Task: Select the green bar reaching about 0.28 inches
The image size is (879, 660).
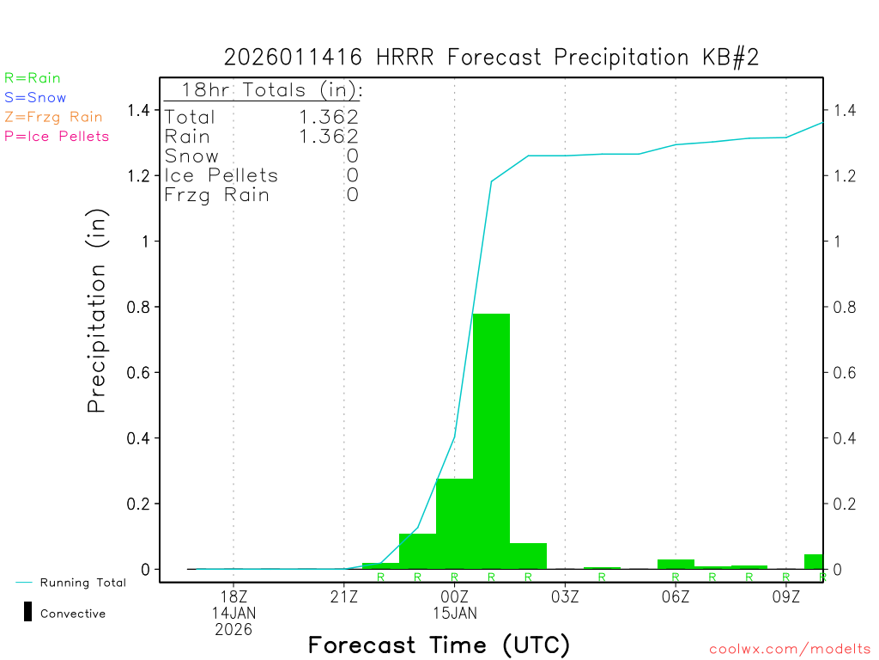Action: pos(454,523)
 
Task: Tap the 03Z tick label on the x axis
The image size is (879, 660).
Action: pos(565,596)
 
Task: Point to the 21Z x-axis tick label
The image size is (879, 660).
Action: pos(344,596)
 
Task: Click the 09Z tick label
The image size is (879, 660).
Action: pos(786,596)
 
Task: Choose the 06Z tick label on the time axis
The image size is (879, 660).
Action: pos(676,596)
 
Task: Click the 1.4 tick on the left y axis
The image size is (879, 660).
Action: pos(139,110)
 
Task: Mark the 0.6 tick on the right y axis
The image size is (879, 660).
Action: pos(842,372)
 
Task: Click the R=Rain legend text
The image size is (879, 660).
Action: pos(33,78)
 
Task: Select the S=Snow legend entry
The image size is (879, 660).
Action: pos(35,98)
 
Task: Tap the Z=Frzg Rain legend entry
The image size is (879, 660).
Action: pos(53,117)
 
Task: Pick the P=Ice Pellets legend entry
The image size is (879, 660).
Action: pos(57,136)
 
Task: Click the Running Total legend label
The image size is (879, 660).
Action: pos(82,583)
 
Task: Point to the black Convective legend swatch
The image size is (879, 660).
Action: pos(27,612)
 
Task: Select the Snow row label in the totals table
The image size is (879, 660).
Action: pos(191,156)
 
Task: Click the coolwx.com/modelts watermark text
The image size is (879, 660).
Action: pos(790,649)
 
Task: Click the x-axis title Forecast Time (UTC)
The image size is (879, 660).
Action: pos(439,645)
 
